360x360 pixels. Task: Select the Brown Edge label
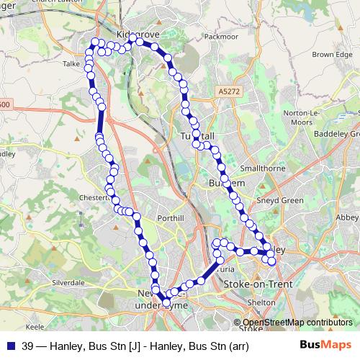pos(332,55)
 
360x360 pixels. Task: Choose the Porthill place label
pos(175,217)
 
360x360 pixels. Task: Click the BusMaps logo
pos(325,345)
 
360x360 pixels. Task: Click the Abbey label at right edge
pos(348,216)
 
